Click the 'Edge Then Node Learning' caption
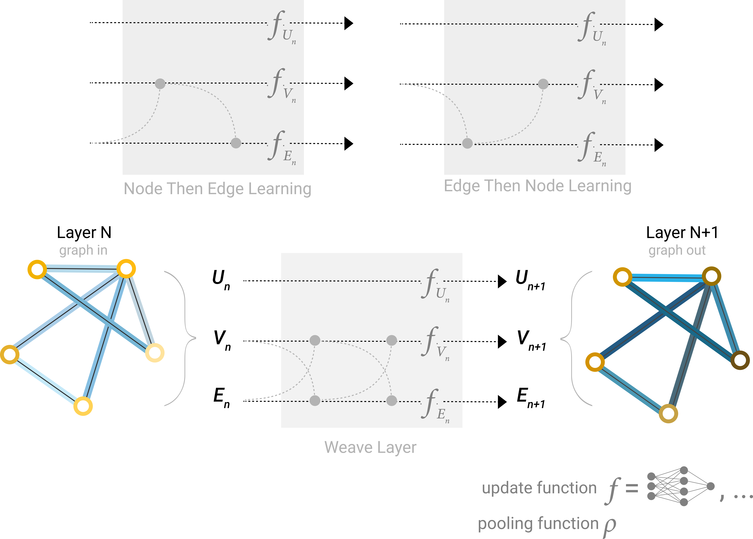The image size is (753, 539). [x=537, y=186]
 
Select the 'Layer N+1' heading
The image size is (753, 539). [x=682, y=233]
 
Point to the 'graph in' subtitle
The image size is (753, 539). [x=83, y=250]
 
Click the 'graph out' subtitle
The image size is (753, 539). [x=677, y=250]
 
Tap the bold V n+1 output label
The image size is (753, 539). [x=531, y=340]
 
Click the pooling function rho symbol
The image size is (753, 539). [x=610, y=526]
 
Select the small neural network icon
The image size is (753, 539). [x=680, y=486]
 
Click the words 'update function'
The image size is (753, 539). [x=539, y=488]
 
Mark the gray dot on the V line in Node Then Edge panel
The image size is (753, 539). [x=160, y=84]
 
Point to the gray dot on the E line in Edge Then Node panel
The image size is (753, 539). [x=467, y=143]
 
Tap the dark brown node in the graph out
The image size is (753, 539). [x=740, y=360]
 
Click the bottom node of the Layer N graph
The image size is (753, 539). [x=83, y=406]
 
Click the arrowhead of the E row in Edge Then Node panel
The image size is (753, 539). [x=658, y=145]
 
